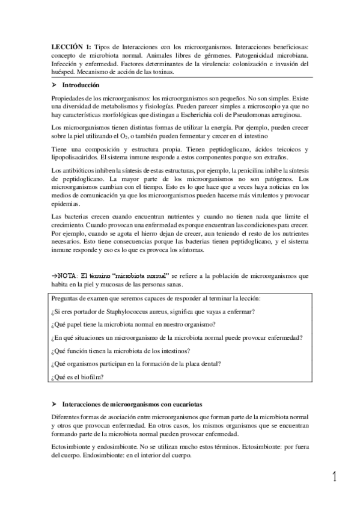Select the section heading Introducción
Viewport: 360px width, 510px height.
coord(85,86)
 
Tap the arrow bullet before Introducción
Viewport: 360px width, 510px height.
coord(55,86)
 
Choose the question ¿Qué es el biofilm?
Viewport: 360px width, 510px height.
coord(78,376)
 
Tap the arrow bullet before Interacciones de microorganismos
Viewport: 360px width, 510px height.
coord(55,405)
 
